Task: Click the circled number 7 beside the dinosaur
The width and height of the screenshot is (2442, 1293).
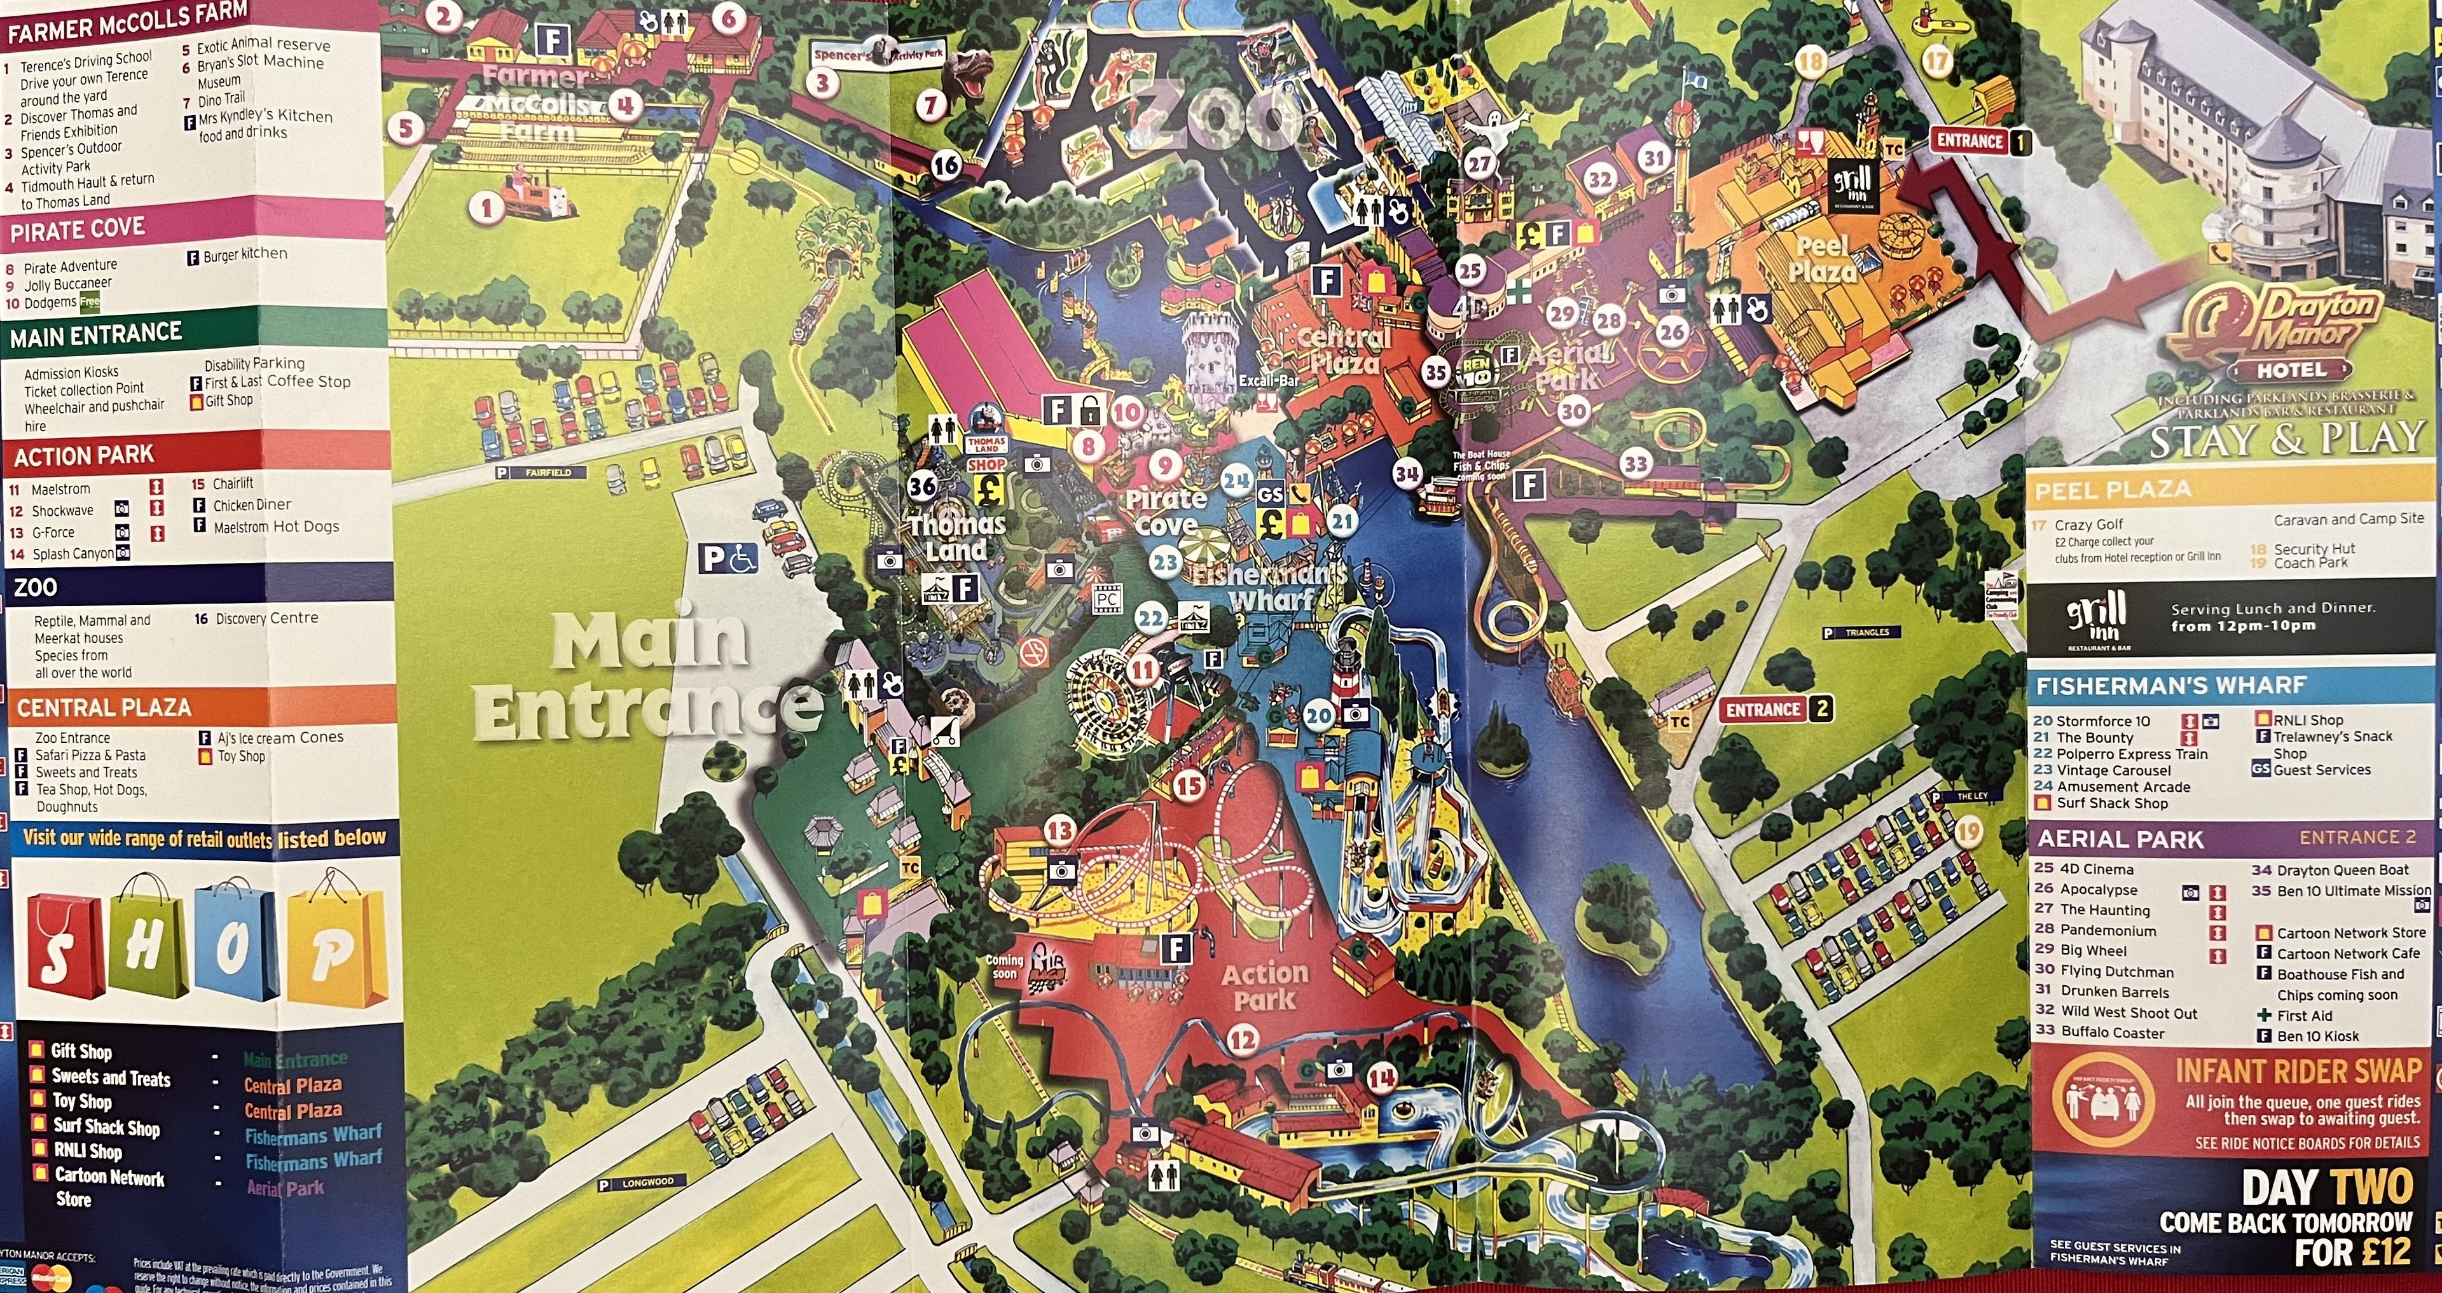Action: [932, 104]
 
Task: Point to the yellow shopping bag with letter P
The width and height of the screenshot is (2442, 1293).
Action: [336, 948]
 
